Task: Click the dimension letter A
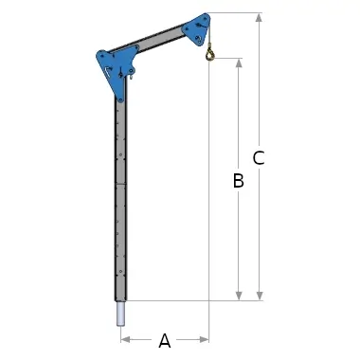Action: point(165,340)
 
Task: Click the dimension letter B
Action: point(239,181)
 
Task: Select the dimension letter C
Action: point(259,158)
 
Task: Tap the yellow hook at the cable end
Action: point(209,55)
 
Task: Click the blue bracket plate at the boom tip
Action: point(197,29)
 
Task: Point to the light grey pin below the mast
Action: point(121,314)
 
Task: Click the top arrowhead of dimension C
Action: point(260,18)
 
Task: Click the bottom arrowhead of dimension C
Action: point(260,296)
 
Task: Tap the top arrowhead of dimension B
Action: point(239,63)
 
